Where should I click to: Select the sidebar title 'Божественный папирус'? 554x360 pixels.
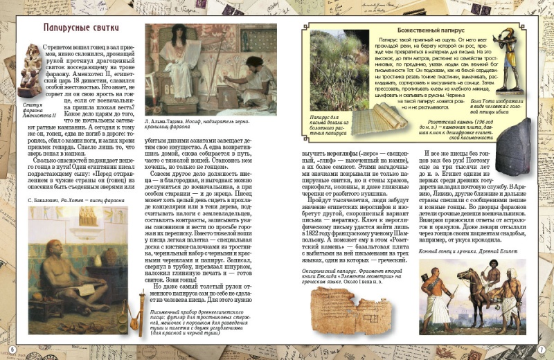tap(426, 31)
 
